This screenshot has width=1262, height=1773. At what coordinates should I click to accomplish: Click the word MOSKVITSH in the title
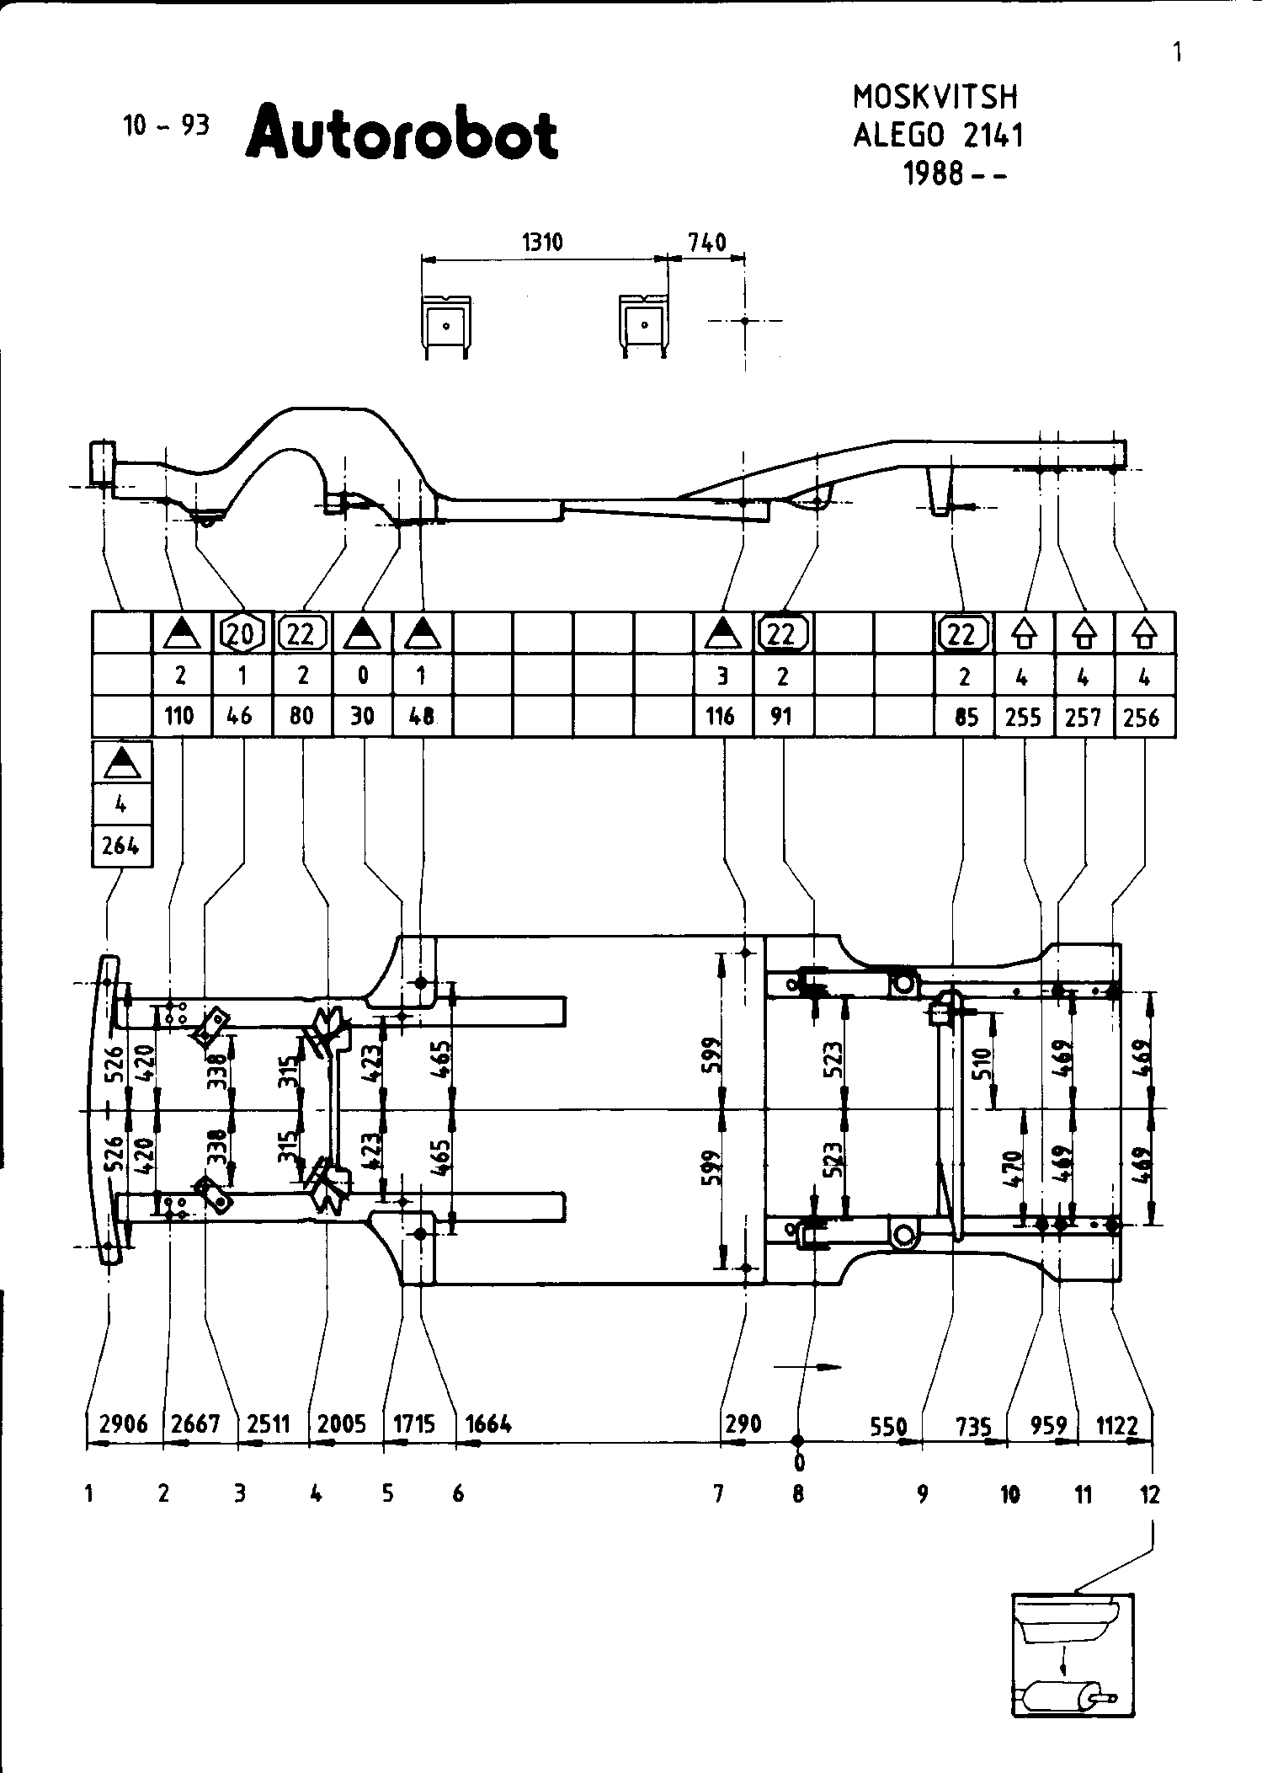coord(935,98)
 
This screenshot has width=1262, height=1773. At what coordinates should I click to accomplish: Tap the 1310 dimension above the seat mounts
coord(542,243)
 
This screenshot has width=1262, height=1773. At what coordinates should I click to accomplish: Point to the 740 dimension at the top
coord(706,243)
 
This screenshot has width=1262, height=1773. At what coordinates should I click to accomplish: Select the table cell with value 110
coord(179,716)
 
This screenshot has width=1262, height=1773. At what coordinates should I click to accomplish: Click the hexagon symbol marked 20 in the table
coord(242,633)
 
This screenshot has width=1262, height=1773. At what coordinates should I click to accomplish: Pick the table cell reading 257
coord(1084,717)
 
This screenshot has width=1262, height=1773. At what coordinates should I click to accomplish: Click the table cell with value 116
coord(721,716)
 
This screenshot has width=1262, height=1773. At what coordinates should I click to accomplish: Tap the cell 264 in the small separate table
coord(120,845)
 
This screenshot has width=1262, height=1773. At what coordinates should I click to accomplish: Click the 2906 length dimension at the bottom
coord(123,1423)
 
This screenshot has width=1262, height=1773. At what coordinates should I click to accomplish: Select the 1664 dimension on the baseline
coord(488,1423)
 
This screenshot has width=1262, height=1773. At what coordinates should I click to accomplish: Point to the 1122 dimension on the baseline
coord(1117,1425)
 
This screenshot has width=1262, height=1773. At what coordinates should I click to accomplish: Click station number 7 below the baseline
coord(718,1494)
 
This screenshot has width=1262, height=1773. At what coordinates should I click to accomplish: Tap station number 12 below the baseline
coord(1149,1494)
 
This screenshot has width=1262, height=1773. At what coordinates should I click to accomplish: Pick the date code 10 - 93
coord(166,125)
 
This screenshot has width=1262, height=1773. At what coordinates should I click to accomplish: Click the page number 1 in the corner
coord(1177,54)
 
